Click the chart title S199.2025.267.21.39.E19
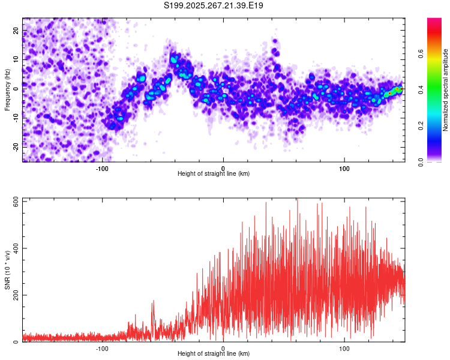click(x=214, y=6)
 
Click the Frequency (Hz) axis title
click(x=7, y=89)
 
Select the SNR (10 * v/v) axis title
click(x=7, y=270)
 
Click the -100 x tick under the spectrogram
click(x=102, y=168)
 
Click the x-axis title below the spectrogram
click(x=214, y=174)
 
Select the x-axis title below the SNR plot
click(x=214, y=354)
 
